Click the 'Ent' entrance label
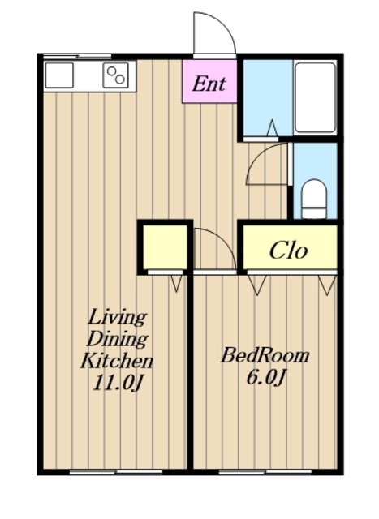(x=209, y=84)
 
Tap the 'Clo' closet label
(x=288, y=250)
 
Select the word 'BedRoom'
(x=265, y=356)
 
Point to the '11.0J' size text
(x=118, y=384)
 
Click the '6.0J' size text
(x=265, y=378)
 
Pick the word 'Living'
(x=117, y=317)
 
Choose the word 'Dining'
(x=117, y=339)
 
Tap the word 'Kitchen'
(x=117, y=361)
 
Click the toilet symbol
(x=314, y=199)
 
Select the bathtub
(x=315, y=97)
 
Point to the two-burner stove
(x=115, y=75)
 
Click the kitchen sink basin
(x=59, y=75)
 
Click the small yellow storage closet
(x=165, y=247)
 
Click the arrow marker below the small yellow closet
(x=176, y=283)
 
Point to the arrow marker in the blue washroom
(x=273, y=128)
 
